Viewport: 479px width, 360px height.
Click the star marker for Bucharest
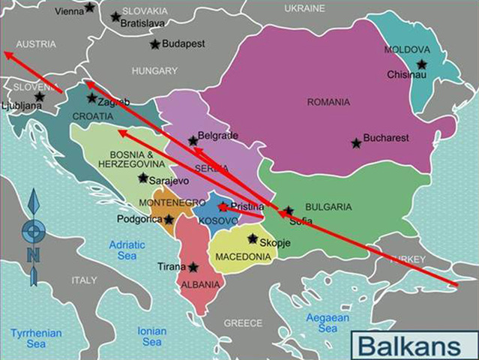(355, 142)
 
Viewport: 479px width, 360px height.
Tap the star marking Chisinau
(422, 64)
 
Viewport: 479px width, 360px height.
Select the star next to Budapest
(155, 44)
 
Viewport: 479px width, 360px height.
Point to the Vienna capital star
(90, 7)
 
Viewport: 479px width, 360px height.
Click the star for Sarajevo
(143, 178)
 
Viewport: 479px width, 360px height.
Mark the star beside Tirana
(193, 267)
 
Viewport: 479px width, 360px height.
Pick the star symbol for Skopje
(253, 239)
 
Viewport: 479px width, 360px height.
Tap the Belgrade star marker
(193, 140)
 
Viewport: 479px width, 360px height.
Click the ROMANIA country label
(328, 102)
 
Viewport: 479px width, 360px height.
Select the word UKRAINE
(305, 8)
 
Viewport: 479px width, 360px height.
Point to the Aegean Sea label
(328, 323)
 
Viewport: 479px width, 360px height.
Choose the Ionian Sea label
(152, 337)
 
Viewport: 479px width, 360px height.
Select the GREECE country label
(244, 323)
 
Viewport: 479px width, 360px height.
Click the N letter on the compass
(33, 255)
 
